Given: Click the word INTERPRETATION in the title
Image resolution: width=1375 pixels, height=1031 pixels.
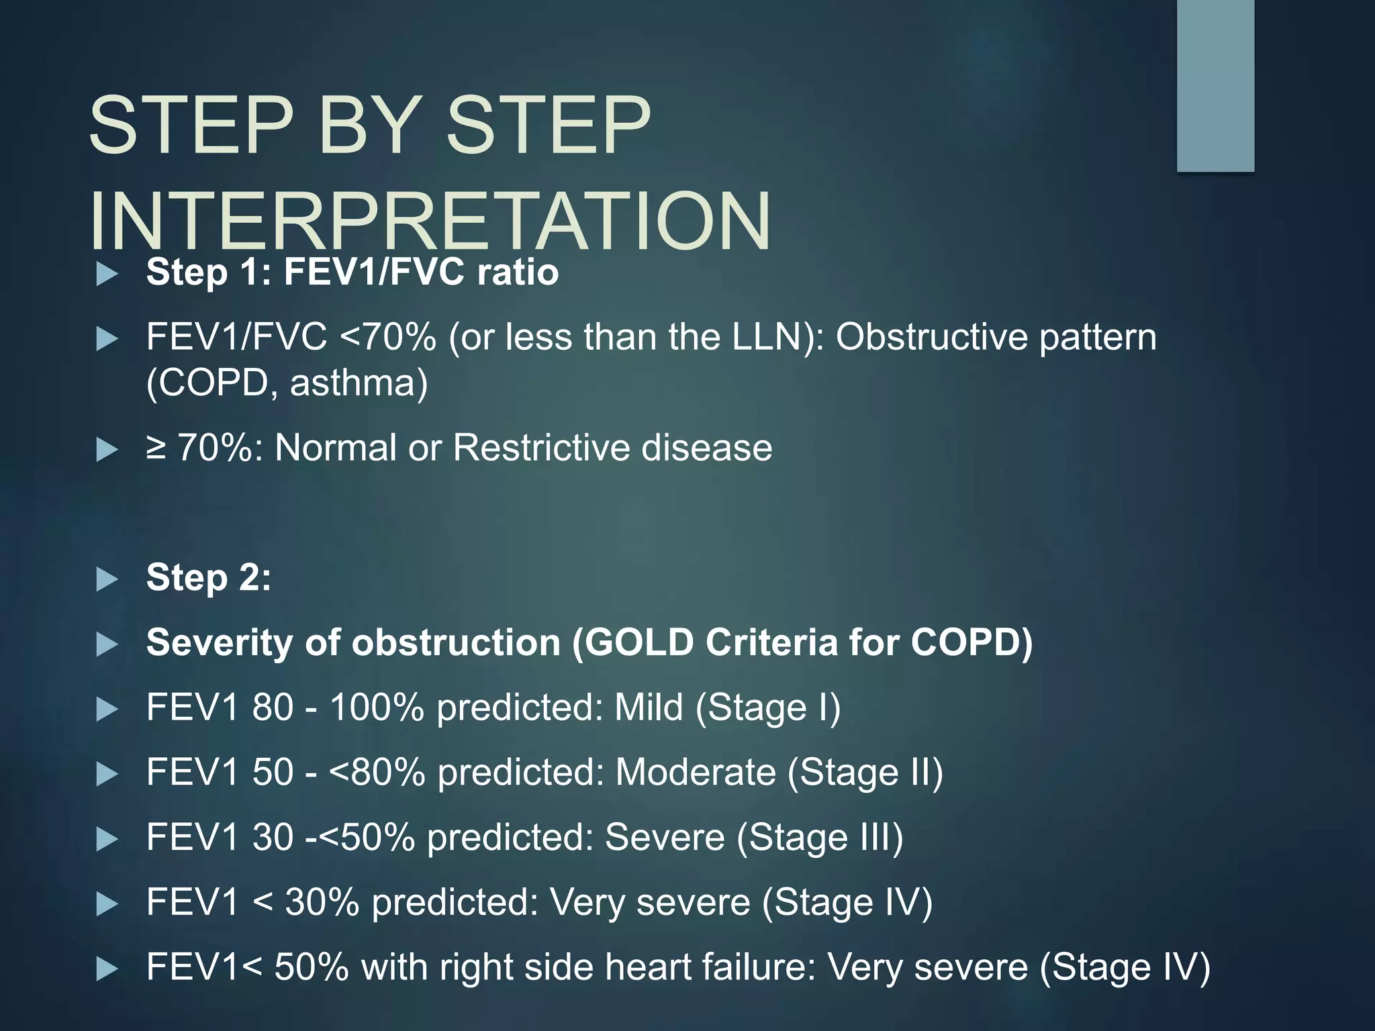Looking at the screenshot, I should click(x=430, y=222).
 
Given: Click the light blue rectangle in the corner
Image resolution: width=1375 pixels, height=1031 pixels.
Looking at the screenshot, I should click(x=1215, y=86).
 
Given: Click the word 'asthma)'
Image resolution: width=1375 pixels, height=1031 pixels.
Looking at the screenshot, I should click(x=359, y=383).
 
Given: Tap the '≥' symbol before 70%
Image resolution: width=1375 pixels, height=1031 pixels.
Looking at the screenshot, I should click(x=156, y=448).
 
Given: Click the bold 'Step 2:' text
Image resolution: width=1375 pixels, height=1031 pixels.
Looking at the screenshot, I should click(x=209, y=577).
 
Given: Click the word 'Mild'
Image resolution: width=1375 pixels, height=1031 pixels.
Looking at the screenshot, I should click(x=648, y=707).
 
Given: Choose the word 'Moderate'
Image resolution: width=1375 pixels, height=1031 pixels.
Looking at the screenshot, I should click(x=695, y=772).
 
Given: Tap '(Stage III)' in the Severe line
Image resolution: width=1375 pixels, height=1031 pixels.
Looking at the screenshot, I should click(x=820, y=837).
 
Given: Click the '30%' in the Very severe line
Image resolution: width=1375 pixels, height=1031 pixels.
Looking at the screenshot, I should click(x=322, y=901).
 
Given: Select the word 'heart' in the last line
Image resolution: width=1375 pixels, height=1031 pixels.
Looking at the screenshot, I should click(x=647, y=967).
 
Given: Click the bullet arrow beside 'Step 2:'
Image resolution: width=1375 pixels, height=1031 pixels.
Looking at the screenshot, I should click(x=107, y=579).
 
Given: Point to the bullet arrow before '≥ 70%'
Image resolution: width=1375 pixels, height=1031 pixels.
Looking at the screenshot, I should click(x=107, y=449).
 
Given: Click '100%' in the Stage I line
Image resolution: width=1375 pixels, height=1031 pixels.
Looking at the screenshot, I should click(x=377, y=707).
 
